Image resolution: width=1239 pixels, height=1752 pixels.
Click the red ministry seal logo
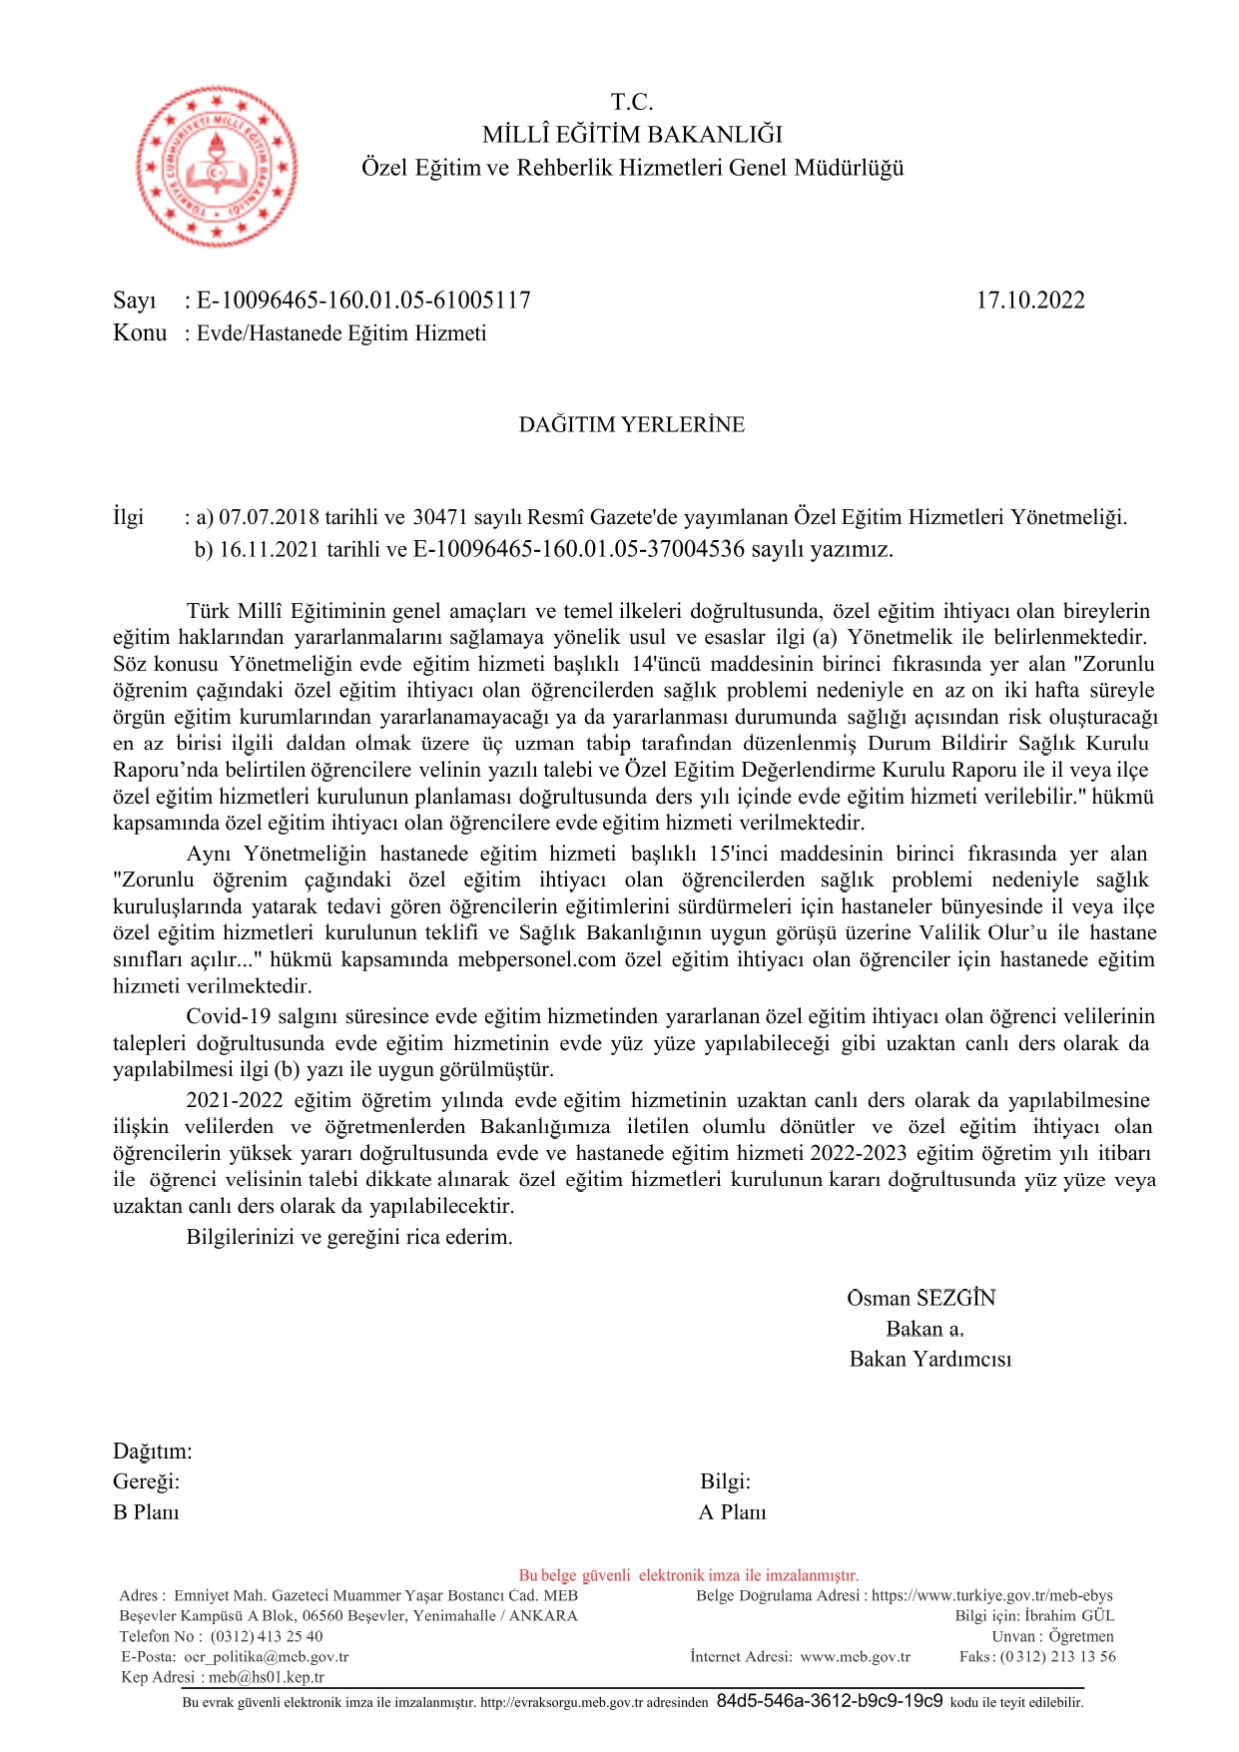click(x=216, y=166)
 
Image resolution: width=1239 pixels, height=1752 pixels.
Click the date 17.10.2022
click(x=1029, y=300)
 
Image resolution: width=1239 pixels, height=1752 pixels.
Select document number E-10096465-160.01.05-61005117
click(x=363, y=300)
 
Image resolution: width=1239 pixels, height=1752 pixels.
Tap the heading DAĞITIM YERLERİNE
click(x=631, y=424)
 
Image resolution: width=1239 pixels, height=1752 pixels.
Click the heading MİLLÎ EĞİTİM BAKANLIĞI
click(x=632, y=135)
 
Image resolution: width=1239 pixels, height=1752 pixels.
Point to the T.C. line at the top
click(x=632, y=102)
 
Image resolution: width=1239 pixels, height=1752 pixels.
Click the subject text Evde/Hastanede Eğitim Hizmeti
click(x=341, y=333)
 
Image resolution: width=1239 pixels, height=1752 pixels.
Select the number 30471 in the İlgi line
click(x=440, y=517)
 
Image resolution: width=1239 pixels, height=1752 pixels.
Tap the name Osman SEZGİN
click(x=921, y=1298)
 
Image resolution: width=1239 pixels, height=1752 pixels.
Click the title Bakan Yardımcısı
click(x=929, y=1359)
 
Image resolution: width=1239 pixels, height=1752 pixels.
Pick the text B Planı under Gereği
click(x=146, y=1512)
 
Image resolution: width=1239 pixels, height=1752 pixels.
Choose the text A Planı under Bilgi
click(x=732, y=1512)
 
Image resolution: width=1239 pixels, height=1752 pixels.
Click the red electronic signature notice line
click(x=688, y=1575)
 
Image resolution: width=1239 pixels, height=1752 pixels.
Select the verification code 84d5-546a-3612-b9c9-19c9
click(x=829, y=1701)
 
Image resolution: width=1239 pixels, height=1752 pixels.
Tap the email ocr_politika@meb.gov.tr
click(x=266, y=1656)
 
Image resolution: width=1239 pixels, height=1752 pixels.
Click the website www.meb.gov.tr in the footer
click(x=855, y=1656)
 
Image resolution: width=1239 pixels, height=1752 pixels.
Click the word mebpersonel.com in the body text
click(x=536, y=959)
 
